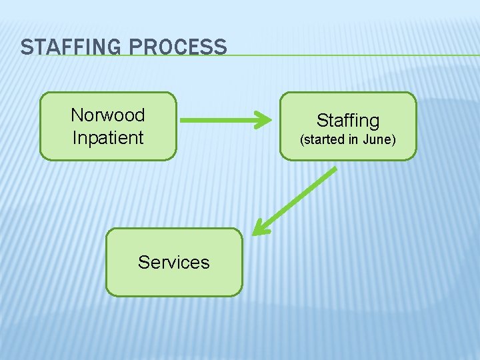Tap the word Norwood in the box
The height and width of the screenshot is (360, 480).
coord(107,115)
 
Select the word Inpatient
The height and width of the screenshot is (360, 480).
coord(107,137)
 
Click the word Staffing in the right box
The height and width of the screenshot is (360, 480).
coord(347,120)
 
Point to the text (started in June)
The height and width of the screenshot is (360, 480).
coord(347,140)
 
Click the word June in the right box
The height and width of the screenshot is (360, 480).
coord(382,140)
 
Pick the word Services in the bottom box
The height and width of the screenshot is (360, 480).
coord(173,262)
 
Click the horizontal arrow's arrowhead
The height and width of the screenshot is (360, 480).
coord(263,121)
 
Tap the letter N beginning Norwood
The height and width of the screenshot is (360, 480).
coord(76,115)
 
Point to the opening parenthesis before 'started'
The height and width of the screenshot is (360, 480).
coord(302,140)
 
